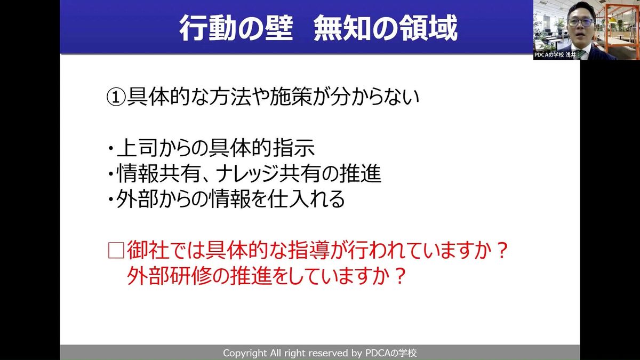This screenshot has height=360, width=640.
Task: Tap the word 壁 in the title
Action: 279,28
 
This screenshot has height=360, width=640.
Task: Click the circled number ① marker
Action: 116,97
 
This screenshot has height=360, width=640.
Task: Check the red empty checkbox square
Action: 116,251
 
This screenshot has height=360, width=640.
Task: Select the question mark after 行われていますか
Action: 502,250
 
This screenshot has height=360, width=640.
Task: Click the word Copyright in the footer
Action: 245,353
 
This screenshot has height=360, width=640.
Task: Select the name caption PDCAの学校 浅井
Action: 555,55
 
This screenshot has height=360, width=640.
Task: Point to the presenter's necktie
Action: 579,54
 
